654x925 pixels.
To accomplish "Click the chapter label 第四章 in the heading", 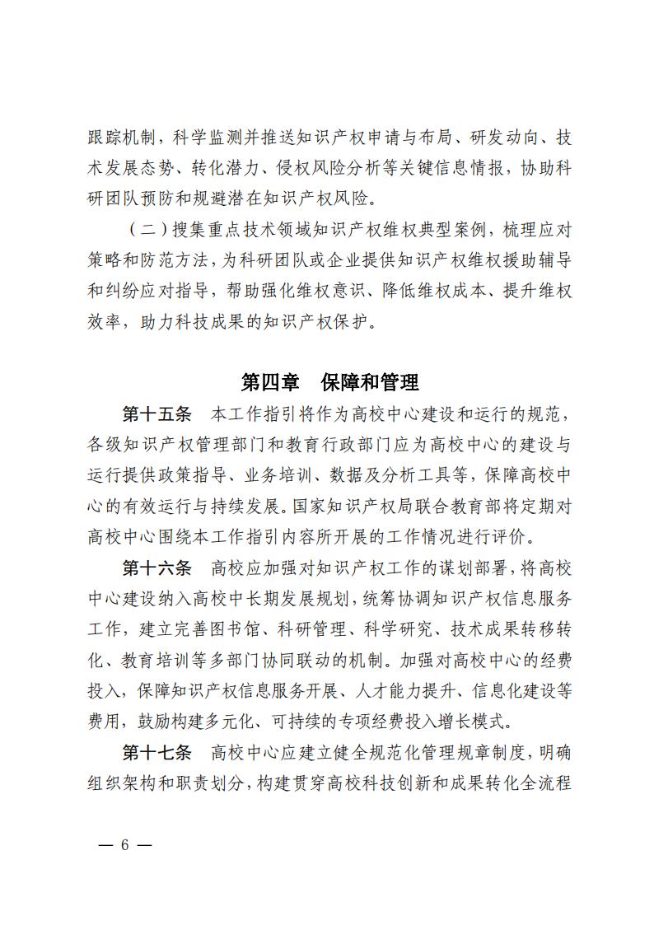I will tap(269, 382).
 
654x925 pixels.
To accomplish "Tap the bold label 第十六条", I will tap(156, 568).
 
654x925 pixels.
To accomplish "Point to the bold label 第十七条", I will tap(156, 754).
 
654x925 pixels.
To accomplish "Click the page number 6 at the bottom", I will tap(125, 846).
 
